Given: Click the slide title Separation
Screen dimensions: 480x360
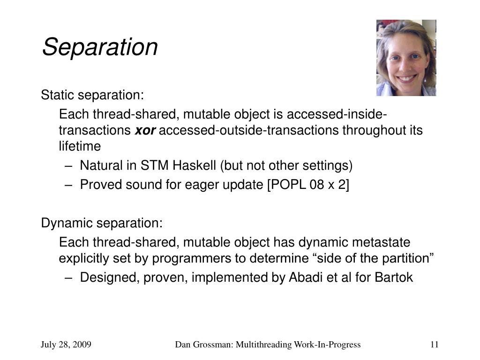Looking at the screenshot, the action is coord(100,47).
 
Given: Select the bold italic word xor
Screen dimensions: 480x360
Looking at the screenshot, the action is coord(145,130).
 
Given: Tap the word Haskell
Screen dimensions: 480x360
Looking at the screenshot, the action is coord(194,165).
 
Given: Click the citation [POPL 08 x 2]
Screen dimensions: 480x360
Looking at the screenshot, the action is coord(308,185).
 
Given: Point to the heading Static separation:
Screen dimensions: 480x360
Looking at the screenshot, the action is coord(92,95).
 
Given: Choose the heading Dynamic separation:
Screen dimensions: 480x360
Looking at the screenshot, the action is coord(102,223).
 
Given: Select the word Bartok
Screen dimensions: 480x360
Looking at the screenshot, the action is coord(394,277).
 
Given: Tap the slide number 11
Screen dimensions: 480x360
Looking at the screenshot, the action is coord(435,345).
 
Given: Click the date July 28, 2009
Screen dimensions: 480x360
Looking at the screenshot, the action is coord(66,345).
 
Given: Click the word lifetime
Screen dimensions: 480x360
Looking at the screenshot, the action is coord(80,146).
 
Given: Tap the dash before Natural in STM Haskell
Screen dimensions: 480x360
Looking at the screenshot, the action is coord(68,166).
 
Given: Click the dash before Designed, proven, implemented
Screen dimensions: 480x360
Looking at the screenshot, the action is coord(68,278).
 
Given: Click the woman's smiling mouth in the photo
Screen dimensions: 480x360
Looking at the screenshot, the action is coord(406,78).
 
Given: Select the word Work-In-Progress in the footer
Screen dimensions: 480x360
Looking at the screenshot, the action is coord(327,345).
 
